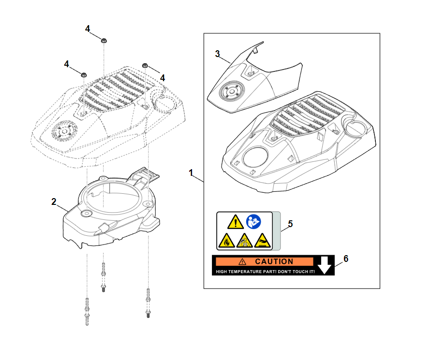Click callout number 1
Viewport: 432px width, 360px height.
[x=191, y=173]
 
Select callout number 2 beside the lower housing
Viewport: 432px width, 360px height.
[x=54, y=202]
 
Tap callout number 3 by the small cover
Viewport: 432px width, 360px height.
[x=218, y=53]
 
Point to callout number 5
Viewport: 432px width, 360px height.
[x=290, y=224]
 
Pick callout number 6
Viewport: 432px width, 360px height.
[x=345, y=259]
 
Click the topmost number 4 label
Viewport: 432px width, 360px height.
[x=88, y=29]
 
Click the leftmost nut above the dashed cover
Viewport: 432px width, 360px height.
[x=83, y=74]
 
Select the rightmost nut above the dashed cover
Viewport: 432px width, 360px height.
[x=144, y=66]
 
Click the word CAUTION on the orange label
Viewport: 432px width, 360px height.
[x=274, y=261]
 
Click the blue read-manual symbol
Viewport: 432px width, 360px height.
[x=253, y=222]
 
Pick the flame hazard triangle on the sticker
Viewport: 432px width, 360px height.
[x=226, y=240]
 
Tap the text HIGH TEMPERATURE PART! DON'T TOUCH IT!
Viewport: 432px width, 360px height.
[x=265, y=272]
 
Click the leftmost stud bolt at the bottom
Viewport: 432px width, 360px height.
[x=87, y=312]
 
